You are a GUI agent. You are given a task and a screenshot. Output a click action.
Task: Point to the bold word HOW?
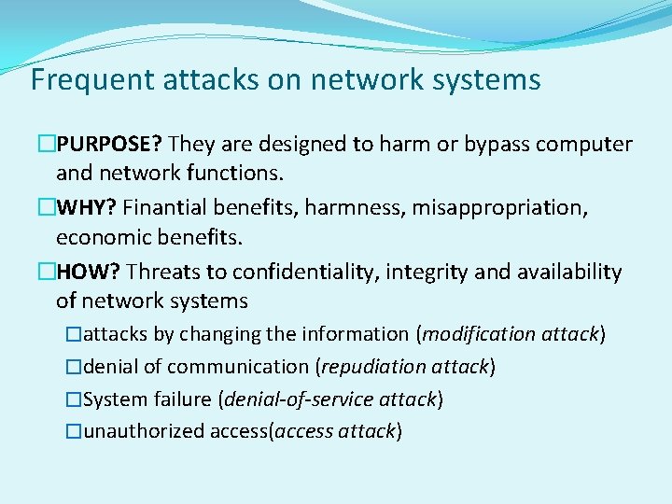[89, 272]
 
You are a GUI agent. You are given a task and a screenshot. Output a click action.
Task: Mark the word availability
[570, 273]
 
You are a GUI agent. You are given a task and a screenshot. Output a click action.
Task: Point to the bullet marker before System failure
[74, 399]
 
